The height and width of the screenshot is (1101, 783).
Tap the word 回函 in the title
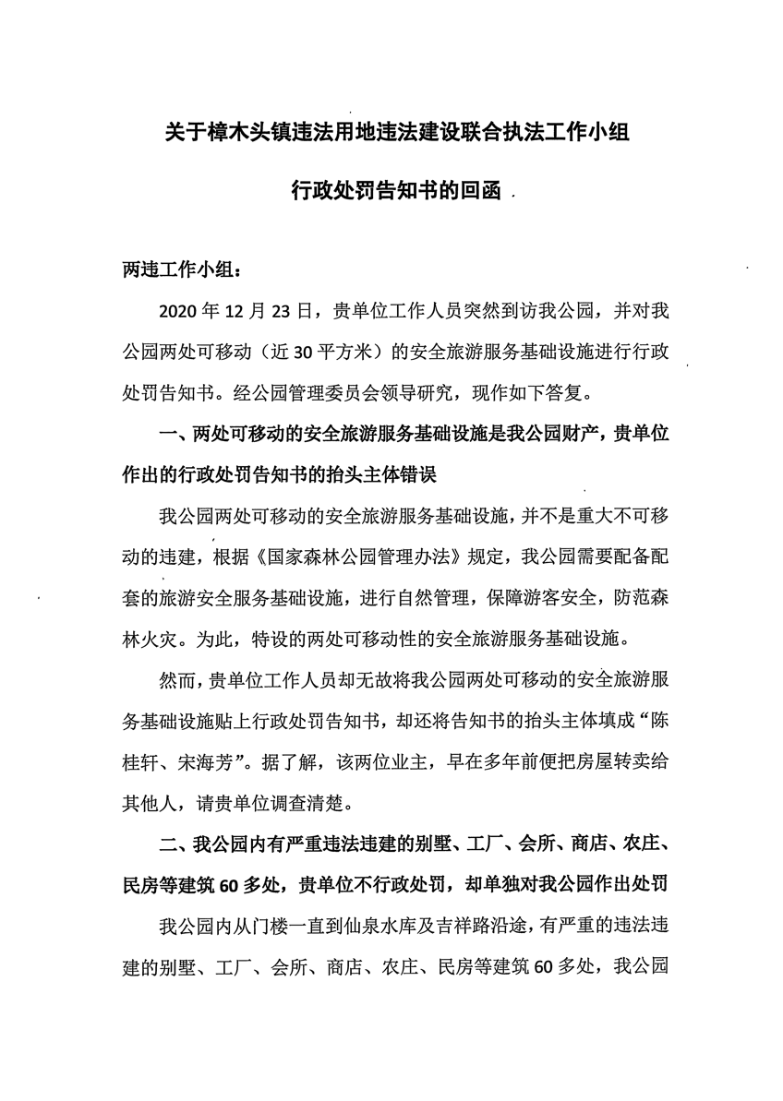(477, 192)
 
